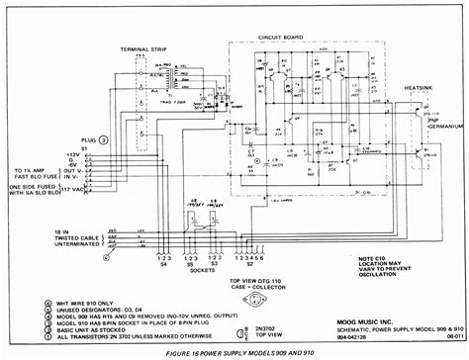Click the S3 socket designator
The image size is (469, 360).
point(219,264)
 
